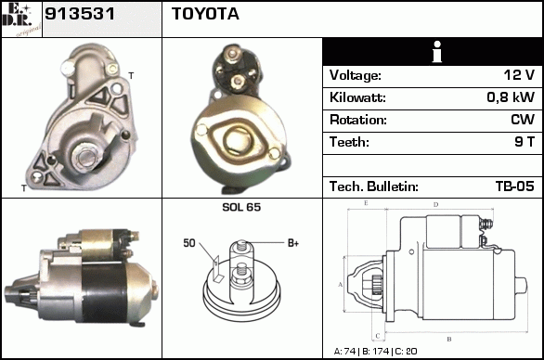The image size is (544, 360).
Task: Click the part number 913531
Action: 80,14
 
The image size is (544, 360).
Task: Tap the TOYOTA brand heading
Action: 205,14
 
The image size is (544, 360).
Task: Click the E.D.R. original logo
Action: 21,19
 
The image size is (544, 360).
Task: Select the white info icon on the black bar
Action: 437,52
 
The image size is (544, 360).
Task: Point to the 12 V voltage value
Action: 519,74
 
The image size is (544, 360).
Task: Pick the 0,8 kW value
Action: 511,97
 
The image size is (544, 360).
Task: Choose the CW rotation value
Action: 523,120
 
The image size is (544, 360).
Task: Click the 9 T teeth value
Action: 525,142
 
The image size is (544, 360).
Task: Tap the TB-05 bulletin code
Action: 515,186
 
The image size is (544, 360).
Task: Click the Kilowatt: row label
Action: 357,97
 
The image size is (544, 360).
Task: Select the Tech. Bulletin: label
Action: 374,186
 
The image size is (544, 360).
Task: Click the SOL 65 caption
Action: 241,207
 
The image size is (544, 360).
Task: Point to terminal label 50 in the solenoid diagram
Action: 189,243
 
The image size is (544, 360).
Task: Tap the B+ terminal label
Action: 293,243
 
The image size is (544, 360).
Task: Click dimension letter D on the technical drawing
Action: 436,205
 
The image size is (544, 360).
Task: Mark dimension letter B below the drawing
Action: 449,340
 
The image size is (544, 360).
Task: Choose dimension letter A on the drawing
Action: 341,285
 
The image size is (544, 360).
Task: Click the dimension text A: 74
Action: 344,352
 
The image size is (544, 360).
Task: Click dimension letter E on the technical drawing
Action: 366,203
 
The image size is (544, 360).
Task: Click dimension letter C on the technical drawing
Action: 378,336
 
